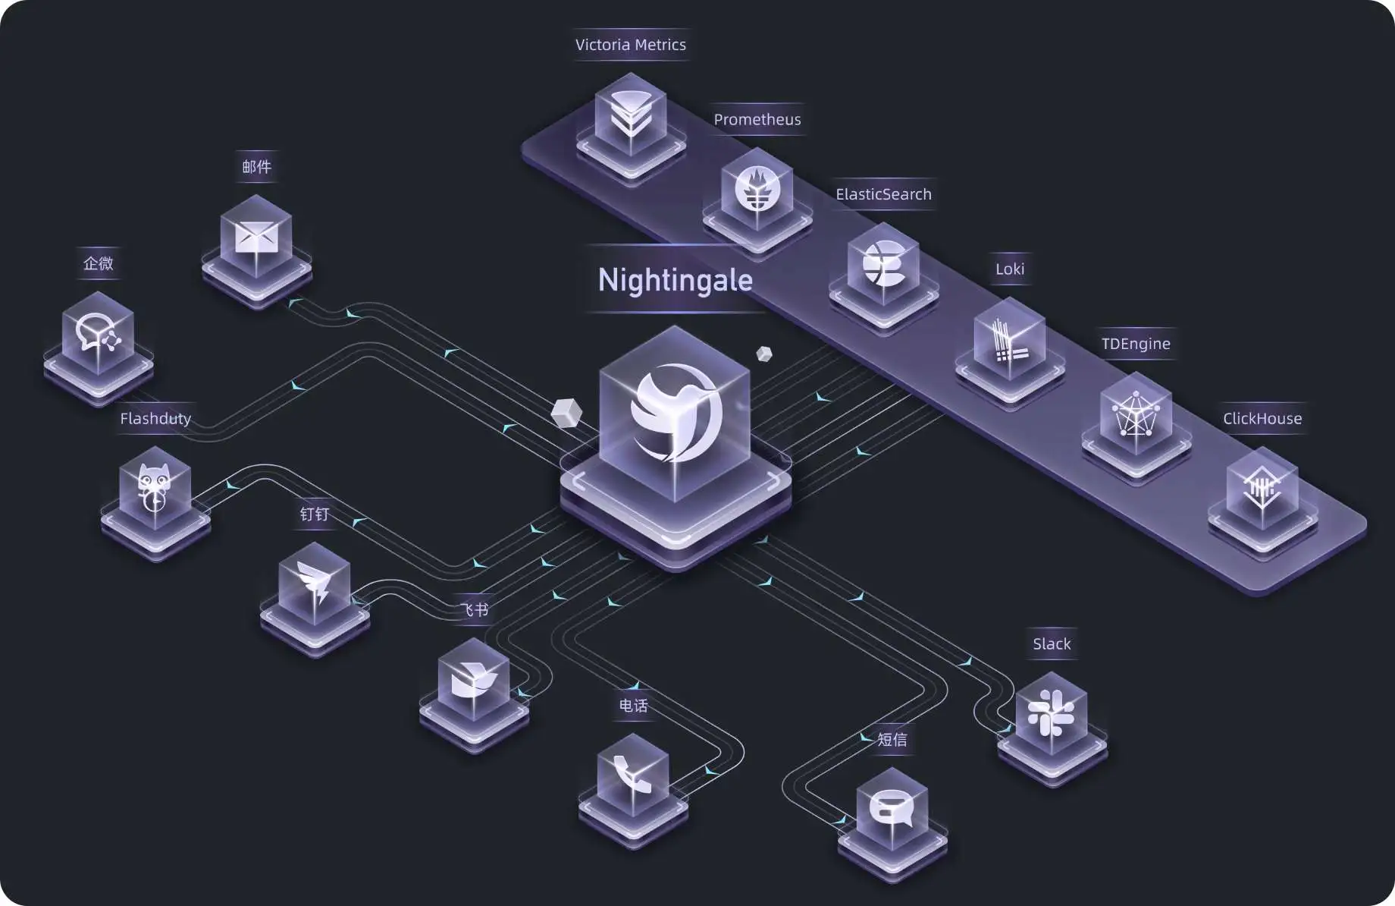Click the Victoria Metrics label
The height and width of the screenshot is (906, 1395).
pos(630,45)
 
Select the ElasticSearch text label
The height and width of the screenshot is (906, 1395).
pos(883,194)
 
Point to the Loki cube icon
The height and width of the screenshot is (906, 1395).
pos(1009,341)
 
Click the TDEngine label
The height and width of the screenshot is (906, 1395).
pos(1135,344)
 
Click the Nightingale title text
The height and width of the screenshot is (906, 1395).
pos(675,280)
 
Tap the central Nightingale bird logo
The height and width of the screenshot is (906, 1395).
pos(675,414)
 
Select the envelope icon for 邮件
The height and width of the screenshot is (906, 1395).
pos(256,238)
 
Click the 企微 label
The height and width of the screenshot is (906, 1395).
pos(99,263)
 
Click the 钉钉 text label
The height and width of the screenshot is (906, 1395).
pos(314,514)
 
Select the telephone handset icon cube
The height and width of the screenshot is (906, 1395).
pos(633,775)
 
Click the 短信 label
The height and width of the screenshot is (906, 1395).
pos(892,739)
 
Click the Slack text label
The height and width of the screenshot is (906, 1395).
pos(1052,644)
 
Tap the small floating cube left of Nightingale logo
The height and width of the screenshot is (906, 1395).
pos(566,413)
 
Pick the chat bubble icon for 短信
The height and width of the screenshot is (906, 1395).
pos(892,809)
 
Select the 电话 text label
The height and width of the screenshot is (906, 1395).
pos(633,706)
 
